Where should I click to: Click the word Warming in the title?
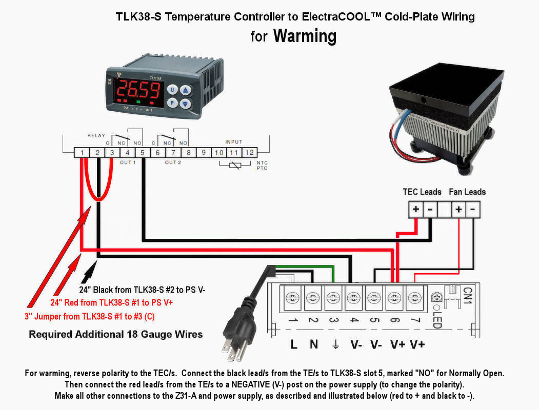[305, 36]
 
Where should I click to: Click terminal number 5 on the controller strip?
[143, 152]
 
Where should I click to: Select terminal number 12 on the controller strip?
[249, 152]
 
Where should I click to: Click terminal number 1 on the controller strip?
[82, 152]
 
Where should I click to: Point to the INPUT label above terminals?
[234, 141]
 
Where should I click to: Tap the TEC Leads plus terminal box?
[415, 210]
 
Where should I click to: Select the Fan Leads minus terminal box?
[473, 210]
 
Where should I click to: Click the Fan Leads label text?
[467, 192]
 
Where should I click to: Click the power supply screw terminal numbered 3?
[333, 297]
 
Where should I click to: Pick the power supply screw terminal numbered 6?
[394, 297]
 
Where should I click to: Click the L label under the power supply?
[293, 344]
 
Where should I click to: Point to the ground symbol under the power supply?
[335, 344]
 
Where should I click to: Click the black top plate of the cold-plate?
[446, 87]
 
